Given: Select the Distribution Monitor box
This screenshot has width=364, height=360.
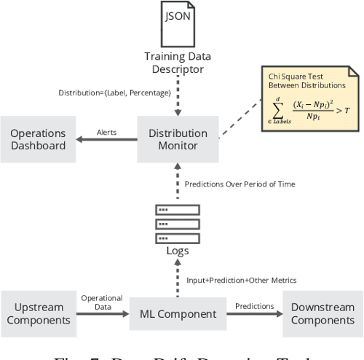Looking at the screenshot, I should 178,139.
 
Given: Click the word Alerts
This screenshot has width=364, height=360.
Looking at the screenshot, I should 108,132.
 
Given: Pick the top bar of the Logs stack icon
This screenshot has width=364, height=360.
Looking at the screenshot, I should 178,209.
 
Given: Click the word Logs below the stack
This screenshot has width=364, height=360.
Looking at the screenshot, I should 178,251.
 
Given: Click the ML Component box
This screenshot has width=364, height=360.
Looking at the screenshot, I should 178,314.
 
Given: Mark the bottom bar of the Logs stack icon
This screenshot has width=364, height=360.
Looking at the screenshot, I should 178,238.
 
